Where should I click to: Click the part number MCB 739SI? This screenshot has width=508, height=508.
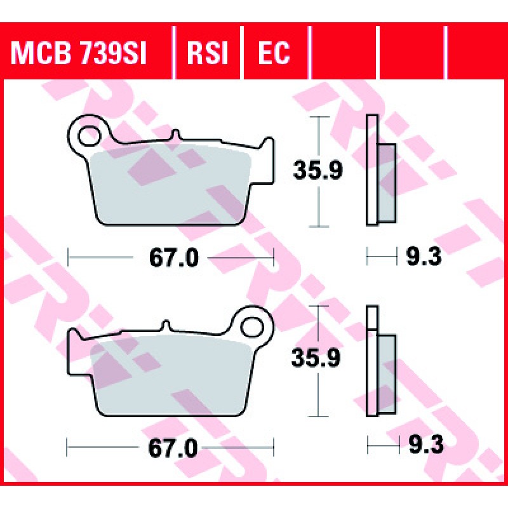pyautogui.click(x=79, y=53)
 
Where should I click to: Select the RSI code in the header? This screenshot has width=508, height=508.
pyautogui.click(x=208, y=53)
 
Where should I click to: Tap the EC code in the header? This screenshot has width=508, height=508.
pyautogui.click(x=274, y=53)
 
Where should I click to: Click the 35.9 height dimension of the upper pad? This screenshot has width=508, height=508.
pyautogui.click(x=317, y=171)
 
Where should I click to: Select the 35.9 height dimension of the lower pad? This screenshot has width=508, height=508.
pyautogui.click(x=316, y=358)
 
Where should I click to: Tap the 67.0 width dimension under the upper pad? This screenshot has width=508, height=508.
pyautogui.click(x=174, y=258)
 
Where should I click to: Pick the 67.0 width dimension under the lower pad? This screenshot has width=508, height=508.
pyautogui.click(x=173, y=448)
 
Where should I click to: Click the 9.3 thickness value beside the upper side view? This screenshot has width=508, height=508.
pyautogui.click(x=424, y=257)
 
